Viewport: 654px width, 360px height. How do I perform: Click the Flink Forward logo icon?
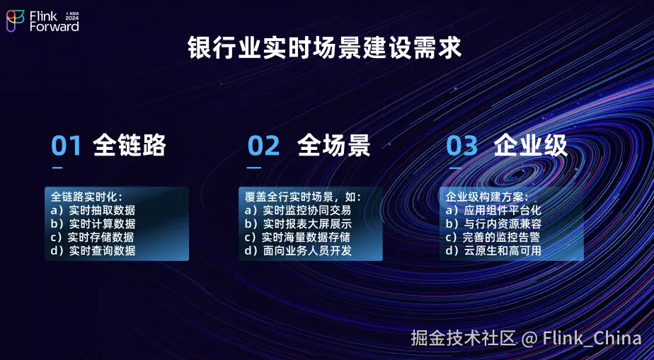coord(15,21)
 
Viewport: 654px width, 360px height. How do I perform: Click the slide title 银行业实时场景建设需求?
coord(324,47)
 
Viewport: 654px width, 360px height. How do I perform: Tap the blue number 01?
coord(66,146)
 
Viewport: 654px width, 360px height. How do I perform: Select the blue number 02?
coord(263,146)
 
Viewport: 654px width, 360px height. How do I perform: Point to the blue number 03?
coord(461,146)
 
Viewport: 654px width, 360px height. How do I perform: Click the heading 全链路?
coord(130,146)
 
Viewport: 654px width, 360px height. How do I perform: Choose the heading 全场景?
coord(333,146)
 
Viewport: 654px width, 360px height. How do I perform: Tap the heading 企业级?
coord(531,146)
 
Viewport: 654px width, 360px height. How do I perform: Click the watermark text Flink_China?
coord(592,338)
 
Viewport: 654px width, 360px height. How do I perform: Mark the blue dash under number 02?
coord(253,168)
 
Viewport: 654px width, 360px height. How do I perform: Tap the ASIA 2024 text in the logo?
coord(72,16)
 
